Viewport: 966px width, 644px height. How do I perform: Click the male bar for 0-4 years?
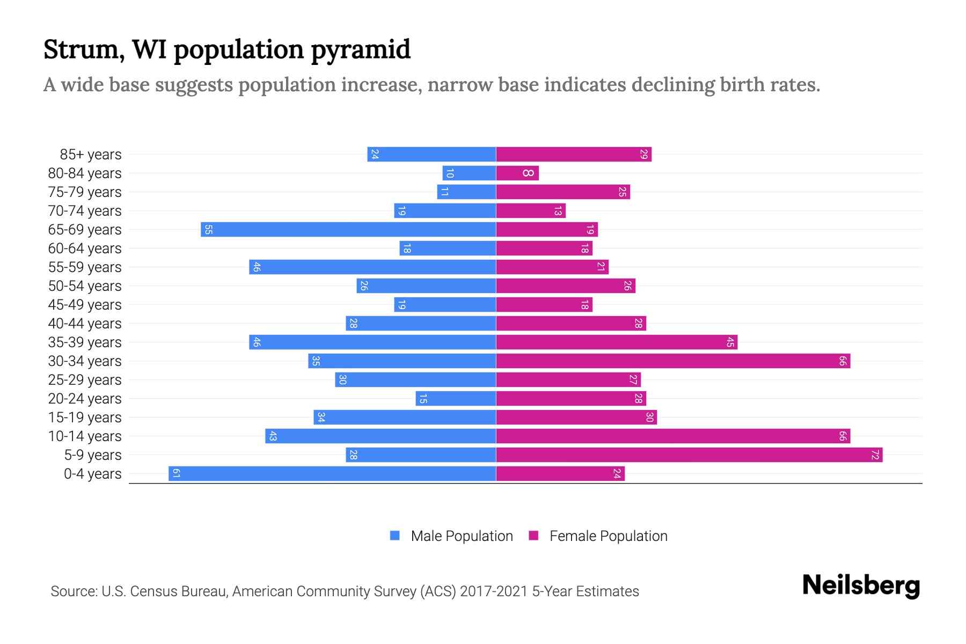(x=332, y=474)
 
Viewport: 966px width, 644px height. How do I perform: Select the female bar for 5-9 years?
(x=689, y=455)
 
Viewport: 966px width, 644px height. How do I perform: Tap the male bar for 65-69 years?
(x=348, y=230)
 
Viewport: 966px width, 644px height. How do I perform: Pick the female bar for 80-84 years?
(x=517, y=173)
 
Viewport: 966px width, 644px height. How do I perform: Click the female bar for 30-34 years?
(x=673, y=361)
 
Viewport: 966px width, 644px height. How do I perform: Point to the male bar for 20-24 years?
(x=456, y=399)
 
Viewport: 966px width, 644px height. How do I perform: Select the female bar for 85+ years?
(x=574, y=155)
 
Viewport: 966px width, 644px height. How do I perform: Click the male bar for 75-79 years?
(x=466, y=192)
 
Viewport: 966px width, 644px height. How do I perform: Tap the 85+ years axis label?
(x=91, y=155)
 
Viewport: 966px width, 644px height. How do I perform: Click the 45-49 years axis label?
(x=85, y=305)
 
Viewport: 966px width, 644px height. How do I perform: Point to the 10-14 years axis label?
(x=85, y=436)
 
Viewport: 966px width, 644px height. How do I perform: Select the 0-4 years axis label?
(x=92, y=474)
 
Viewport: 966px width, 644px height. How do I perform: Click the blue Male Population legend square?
(x=395, y=536)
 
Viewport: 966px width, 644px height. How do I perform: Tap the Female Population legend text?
(x=608, y=536)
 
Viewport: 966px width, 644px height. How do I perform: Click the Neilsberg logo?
(x=861, y=586)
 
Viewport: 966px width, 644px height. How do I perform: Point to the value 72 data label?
(x=875, y=455)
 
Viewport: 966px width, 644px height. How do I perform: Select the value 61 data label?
(x=176, y=474)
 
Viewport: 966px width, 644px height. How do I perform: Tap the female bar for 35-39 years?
(x=617, y=342)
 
